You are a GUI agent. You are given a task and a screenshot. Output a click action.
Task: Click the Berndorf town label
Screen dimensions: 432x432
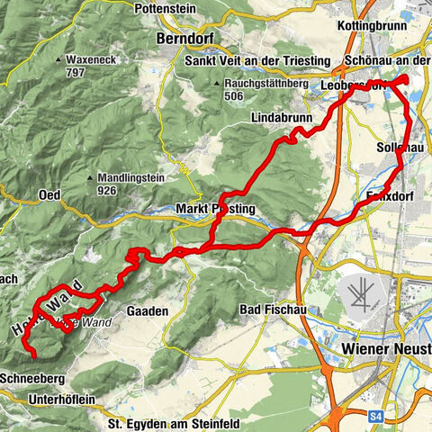pos(188,40)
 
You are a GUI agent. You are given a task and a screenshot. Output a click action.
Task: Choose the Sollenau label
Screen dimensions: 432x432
pos(400,146)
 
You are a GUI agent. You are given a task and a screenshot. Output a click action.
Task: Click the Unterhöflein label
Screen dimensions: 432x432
pos(62,399)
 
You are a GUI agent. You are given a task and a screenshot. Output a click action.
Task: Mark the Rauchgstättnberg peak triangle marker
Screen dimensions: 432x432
pos(218,84)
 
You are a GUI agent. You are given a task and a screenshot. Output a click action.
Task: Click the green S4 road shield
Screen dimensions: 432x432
pos(381,415)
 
